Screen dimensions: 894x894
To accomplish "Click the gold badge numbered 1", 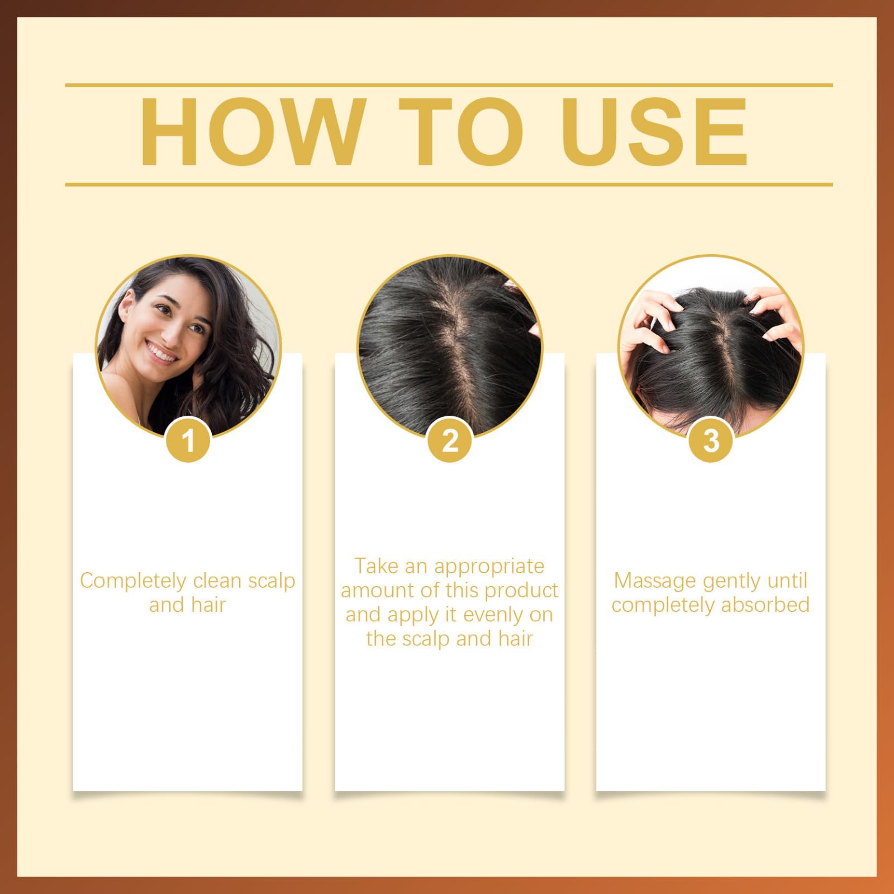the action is click(x=188, y=440).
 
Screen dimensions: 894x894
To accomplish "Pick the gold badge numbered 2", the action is click(x=450, y=440).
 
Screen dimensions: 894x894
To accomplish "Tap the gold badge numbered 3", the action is click(x=711, y=440).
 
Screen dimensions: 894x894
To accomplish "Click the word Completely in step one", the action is click(x=133, y=582).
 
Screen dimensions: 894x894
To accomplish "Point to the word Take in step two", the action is click(x=377, y=566).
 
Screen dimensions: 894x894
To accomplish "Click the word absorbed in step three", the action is click(x=765, y=605).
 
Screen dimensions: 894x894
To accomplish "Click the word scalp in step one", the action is click(x=271, y=582).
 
